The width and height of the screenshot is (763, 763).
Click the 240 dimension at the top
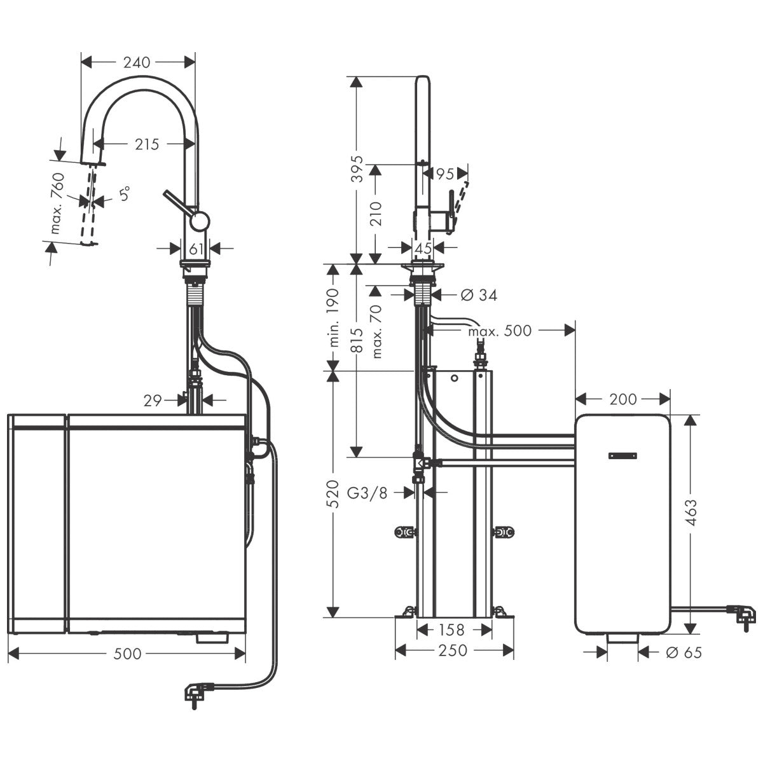click(x=137, y=62)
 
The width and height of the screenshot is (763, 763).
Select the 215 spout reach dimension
click(x=147, y=144)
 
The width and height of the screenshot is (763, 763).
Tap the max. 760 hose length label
click(x=58, y=203)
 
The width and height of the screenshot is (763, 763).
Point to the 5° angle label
click(x=125, y=194)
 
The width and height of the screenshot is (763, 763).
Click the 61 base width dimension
click(x=196, y=249)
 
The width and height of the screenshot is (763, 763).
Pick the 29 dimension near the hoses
click(x=153, y=401)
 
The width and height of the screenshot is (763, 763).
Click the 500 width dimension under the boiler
click(x=127, y=654)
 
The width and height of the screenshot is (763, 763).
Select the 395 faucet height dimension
click(x=357, y=168)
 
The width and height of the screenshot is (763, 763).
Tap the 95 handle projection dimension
click(x=444, y=174)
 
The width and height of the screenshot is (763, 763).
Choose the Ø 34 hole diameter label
click(x=479, y=295)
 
